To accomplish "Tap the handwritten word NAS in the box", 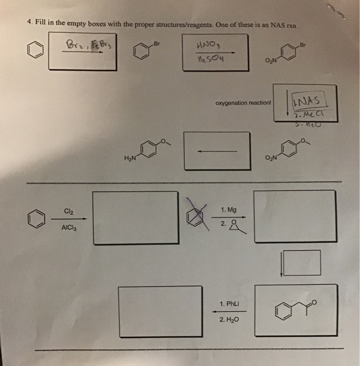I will click(x=309, y=98).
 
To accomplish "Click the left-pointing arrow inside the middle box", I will click(x=217, y=152).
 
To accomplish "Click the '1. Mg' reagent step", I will click(x=228, y=210).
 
